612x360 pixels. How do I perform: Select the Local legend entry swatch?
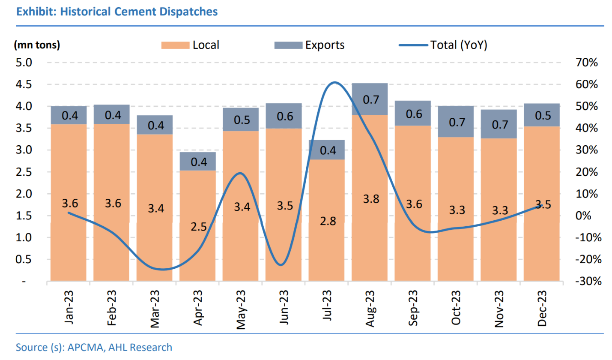[x=175, y=45]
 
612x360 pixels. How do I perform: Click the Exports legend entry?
[x=309, y=45]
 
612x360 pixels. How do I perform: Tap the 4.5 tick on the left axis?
[x=24, y=84]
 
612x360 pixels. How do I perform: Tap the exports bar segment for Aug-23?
[x=370, y=99]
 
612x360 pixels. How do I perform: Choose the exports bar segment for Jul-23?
[x=327, y=150]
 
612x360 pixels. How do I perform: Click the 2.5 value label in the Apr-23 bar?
[x=198, y=227]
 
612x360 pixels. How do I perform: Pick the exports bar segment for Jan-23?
[x=69, y=115]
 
